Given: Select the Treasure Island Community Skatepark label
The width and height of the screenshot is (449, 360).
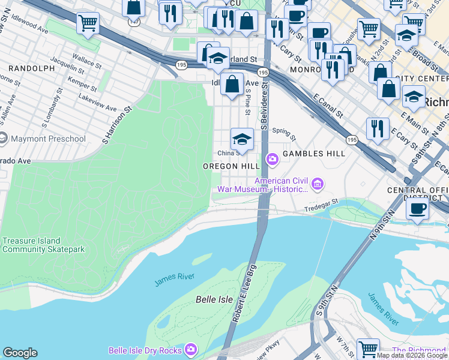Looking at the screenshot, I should tap(43, 245).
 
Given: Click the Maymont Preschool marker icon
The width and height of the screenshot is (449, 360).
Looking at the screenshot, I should tap(3, 139).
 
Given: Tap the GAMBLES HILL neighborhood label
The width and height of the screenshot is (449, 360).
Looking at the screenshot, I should tap(313, 154).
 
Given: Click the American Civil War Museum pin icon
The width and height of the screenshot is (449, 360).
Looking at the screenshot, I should tap(319, 183).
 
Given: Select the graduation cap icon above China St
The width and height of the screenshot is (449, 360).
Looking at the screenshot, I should tap(242, 139).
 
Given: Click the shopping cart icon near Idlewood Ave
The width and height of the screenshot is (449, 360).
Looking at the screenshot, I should tap(88, 23).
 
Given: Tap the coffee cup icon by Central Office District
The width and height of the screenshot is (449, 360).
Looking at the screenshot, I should tap(417, 208).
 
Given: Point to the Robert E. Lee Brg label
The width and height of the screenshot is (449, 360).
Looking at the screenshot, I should tap(245, 293).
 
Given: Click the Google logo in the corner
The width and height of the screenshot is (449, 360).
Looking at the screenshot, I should tap(20, 353).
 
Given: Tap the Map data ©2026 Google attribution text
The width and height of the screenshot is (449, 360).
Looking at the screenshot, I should tap(412, 355).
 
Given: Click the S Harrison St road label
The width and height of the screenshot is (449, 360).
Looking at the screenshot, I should tap(117, 126).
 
